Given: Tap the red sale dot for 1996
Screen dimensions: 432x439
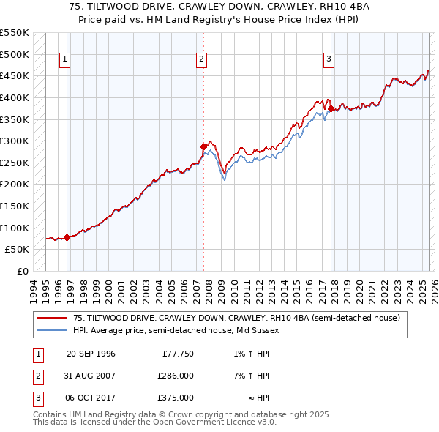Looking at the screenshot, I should (67, 237).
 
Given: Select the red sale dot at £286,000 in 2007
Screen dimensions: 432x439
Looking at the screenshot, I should (203, 146).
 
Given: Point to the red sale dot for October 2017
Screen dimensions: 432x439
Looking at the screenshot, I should (331, 108).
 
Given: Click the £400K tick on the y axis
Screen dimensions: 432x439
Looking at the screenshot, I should (15, 97).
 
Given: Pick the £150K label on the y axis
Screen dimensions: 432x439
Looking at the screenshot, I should (15, 206).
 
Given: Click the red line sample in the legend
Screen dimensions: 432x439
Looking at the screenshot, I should (52, 319).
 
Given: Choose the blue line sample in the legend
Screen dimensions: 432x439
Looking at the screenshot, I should (52, 331).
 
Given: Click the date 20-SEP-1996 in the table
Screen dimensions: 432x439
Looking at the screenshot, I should (91, 354).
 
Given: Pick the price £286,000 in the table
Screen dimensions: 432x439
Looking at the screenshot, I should (176, 376).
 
